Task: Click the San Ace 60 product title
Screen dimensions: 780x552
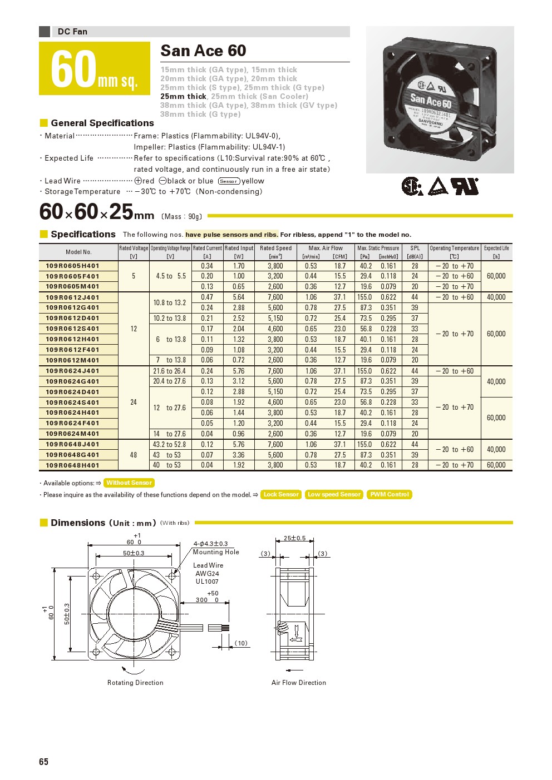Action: click(x=203, y=51)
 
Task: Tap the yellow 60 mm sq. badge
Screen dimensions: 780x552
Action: click(x=95, y=69)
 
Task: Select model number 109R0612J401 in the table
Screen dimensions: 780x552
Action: click(x=72, y=297)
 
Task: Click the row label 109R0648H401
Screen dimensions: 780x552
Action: click(x=72, y=465)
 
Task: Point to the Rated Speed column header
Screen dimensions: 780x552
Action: click(x=275, y=252)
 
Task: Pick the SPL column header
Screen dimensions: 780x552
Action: click(x=415, y=252)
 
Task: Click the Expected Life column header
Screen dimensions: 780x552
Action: click(x=496, y=252)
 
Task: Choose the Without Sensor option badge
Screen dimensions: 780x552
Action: click(x=129, y=483)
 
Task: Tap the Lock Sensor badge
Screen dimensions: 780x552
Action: click(x=281, y=494)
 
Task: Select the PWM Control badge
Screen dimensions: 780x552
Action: click(x=390, y=494)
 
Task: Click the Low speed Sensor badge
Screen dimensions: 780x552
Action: click(x=334, y=494)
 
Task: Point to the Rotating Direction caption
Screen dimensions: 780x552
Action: click(x=135, y=683)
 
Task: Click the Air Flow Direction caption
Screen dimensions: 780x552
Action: click(x=299, y=683)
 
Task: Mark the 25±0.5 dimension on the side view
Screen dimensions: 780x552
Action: click(x=295, y=538)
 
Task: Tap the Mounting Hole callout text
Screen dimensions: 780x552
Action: click(x=216, y=552)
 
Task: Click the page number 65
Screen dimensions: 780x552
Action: click(x=44, y=762)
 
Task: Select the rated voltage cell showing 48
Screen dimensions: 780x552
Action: click(x=134, y=455)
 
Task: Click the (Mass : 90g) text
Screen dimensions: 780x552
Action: click(x=181, y=216)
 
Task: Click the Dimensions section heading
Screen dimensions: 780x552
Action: click(x=78, y=523)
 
